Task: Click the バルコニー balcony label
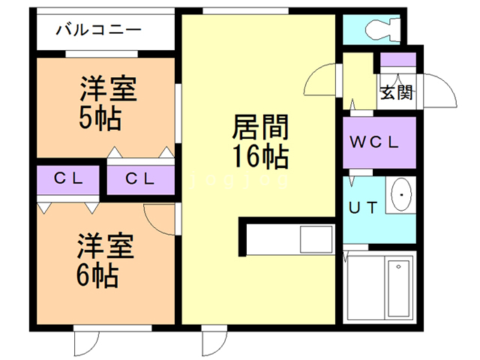[99, 31]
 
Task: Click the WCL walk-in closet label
[378, 141]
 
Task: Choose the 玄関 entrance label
[396, 93]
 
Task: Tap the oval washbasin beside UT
[401, 197]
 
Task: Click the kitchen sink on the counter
[315, 239]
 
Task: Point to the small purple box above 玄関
[397, 59]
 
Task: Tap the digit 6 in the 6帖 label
[87, 275]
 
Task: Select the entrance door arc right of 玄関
[442, 90]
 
